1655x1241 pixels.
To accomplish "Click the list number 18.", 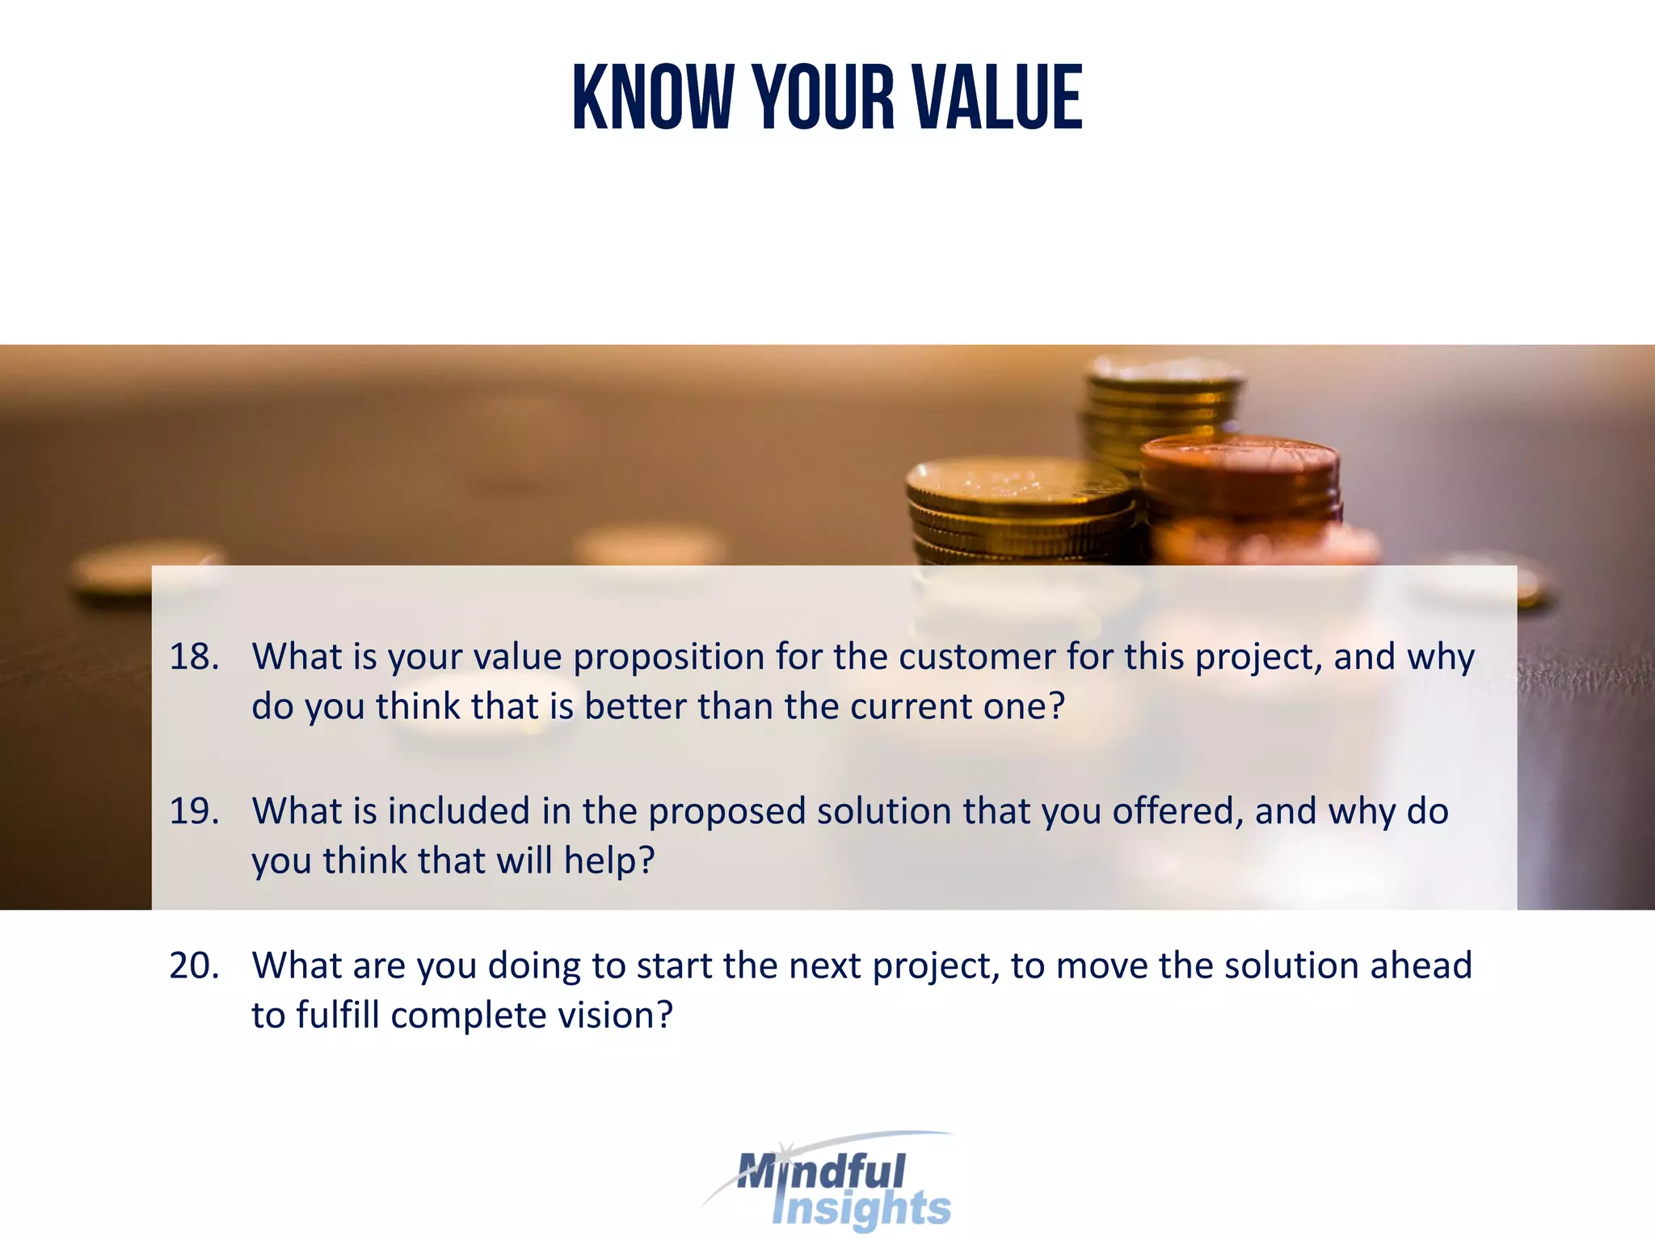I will click(194, 656).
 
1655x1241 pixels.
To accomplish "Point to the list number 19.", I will click(194, 810).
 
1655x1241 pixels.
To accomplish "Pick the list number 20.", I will click(194, 965).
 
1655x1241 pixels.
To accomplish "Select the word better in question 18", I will click(634, 706).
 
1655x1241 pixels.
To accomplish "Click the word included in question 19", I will click(457, 810).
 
